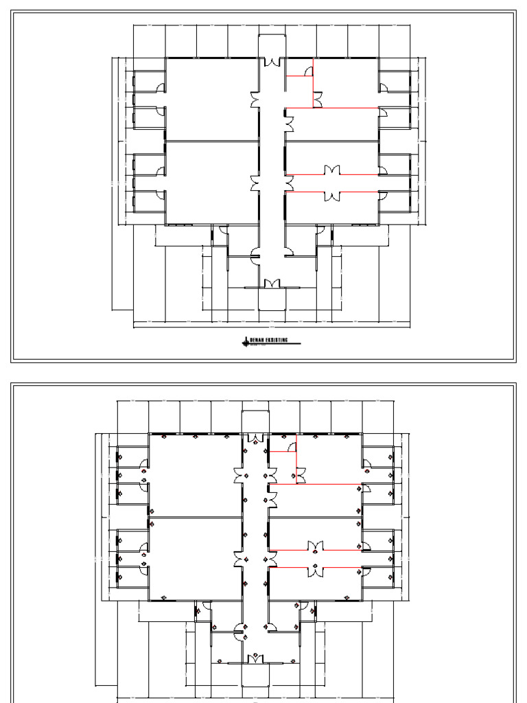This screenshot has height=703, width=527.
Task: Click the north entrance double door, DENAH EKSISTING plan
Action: coord(272,62)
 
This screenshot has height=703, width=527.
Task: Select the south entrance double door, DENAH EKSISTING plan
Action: coord(272,284)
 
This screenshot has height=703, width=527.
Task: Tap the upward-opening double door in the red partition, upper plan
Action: coord(332,170)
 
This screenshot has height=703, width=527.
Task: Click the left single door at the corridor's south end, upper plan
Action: coord(255,259)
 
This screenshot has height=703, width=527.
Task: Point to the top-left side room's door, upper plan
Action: coord(161,87)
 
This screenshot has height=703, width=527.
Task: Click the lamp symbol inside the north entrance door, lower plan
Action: coord(255,444)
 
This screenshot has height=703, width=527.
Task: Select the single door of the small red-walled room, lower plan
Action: coord(292,447)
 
